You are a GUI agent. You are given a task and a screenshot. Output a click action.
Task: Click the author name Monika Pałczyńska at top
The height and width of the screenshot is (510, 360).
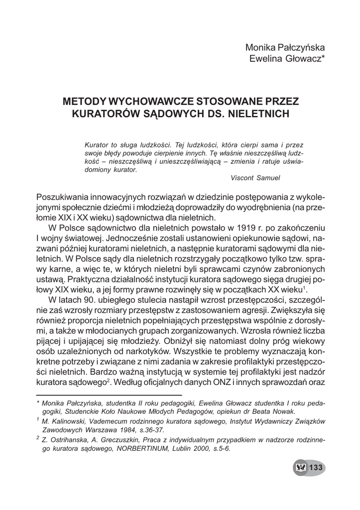tap(285, 48)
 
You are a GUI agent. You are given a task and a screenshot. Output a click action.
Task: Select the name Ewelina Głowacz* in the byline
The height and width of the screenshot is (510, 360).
tap(287, 59)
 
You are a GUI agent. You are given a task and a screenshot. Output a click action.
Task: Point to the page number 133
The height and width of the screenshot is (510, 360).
tap(317, 467)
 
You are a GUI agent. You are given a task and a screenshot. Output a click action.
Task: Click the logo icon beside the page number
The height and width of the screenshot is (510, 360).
tap(301, 467)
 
